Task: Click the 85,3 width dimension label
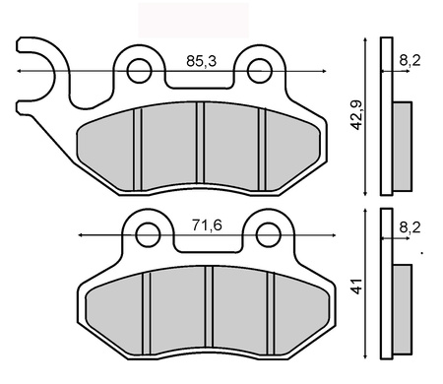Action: click(x=202, y=61)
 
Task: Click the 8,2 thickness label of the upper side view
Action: click(x=411, y=61)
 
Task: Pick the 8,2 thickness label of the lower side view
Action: click(x=411, y=226)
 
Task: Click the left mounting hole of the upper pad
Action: click(x=141, y=70)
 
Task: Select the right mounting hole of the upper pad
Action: click(x=260, y=70)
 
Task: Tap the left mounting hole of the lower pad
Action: click(x=148, y=235)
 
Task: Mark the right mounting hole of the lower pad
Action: click(x=266, y=235)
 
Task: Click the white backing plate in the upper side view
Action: click(x=386, y=118)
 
